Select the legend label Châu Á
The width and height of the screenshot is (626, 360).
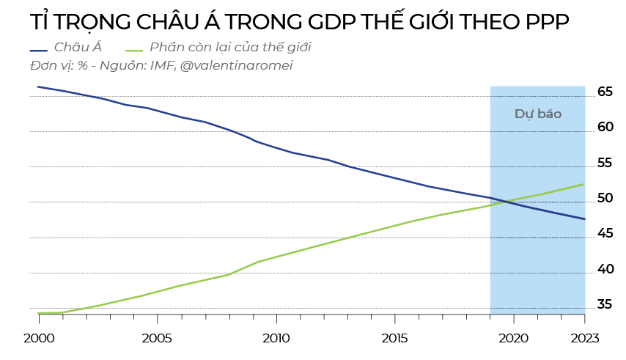[77, 48]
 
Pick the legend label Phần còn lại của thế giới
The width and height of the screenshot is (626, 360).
[230, 48]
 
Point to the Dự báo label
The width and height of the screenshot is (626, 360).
[537, 114]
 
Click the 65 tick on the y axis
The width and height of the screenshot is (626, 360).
[605, 92]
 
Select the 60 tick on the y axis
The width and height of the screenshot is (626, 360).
[605, 128]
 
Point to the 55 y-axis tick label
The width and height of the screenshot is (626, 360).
[605, 163]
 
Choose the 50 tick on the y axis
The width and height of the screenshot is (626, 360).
[605, 199]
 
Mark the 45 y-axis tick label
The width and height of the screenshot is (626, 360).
[605, 234]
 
